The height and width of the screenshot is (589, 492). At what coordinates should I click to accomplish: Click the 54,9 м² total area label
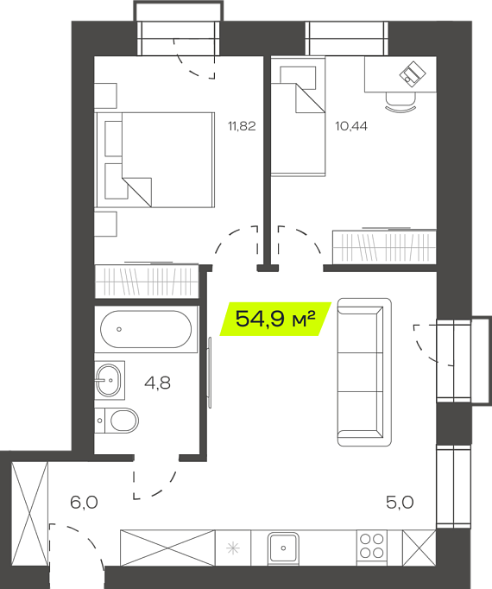(275, 319)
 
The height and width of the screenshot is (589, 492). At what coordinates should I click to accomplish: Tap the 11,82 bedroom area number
(242, 126)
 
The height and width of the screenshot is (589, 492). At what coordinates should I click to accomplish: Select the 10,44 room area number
(351, 126)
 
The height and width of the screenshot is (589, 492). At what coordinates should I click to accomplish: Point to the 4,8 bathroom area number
(157, 383)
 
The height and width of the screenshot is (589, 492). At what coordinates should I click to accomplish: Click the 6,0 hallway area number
(84, 503)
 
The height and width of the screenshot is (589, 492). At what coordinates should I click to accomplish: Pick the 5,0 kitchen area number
(400, 503)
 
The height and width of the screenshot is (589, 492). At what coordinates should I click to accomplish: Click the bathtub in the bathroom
(146, 329)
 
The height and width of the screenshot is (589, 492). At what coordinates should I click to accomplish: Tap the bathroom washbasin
(109, 380)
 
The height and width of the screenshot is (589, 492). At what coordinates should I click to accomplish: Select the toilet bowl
(117, 421)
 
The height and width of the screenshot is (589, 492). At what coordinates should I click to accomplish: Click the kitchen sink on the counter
(283, 548)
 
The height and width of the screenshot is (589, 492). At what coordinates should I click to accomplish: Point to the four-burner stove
(371, 547)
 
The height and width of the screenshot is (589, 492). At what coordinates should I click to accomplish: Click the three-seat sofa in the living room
(364, 372)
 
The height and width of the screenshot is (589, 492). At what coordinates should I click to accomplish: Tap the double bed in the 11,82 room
(155, 160)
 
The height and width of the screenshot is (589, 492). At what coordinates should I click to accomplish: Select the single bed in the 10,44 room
(298, 116)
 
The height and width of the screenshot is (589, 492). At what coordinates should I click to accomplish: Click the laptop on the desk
(413, 74)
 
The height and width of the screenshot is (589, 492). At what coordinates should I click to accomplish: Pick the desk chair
(401, 102)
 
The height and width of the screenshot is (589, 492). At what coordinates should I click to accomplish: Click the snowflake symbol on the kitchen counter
(233, 548)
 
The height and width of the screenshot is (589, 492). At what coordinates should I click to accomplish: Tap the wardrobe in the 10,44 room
(385, 246)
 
